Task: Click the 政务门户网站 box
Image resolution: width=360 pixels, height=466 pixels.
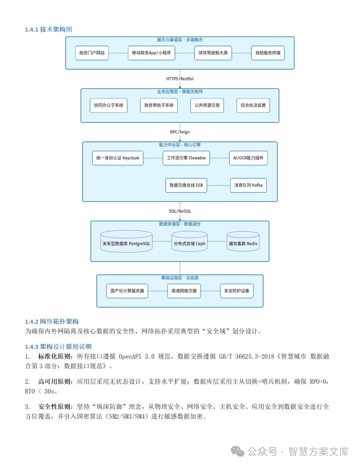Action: click(92, 53)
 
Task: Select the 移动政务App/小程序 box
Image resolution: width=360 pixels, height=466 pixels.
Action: click(151, 53)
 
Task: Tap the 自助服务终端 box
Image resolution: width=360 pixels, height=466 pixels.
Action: click(268, 53)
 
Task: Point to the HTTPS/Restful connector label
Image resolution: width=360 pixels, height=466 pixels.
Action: click(180, 79)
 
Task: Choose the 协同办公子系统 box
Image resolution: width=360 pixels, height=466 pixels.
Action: click(109, 105)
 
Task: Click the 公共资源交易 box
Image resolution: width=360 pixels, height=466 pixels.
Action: click(207, 105)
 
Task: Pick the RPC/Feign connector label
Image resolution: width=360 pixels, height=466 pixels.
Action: click(180, 132)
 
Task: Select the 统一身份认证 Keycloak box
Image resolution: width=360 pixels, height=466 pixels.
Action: click(118, 158)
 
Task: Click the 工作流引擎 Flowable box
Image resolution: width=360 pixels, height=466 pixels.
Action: click(186, 158)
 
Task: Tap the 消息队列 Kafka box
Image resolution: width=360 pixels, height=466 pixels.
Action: click(248, 185)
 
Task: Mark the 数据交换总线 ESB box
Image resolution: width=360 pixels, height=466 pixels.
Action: click(186, 185)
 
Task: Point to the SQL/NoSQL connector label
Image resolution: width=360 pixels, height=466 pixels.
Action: click(180, 211)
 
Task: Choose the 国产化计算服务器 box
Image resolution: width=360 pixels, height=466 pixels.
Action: click(127, 291)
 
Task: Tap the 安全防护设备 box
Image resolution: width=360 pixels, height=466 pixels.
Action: click(237, 291)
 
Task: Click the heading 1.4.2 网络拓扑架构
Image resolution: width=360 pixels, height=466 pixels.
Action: click(52, 322)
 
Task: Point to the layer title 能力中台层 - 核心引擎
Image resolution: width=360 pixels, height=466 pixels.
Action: click(180, 145)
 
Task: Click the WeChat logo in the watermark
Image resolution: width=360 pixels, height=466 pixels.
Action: click(238, 452)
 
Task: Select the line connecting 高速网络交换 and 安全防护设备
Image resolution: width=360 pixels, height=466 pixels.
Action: click(210, 291)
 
